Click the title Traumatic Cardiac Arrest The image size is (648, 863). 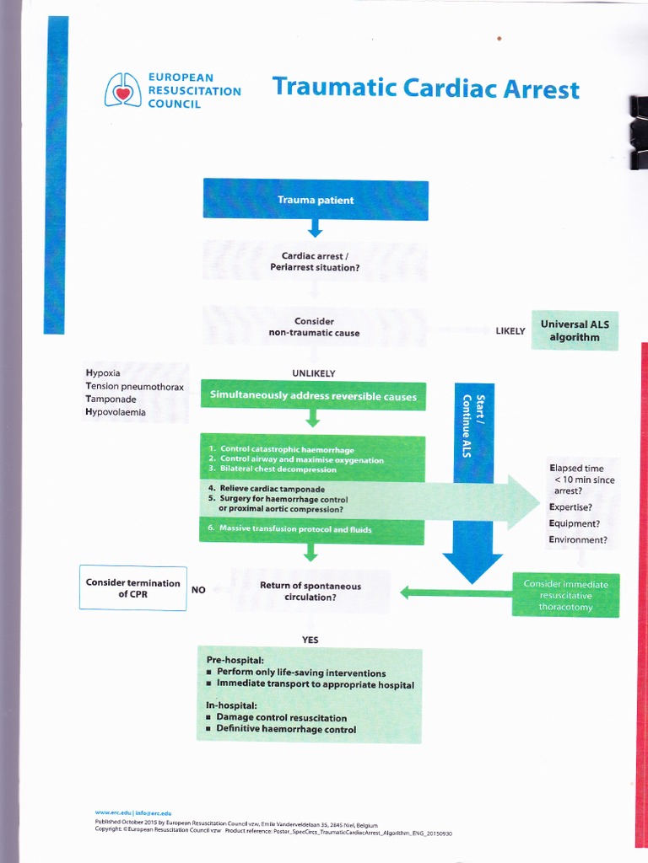(425, 88)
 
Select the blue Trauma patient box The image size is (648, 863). (315, 201)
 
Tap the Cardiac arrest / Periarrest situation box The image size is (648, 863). (315, 261)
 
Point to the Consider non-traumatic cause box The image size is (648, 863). (315, 327)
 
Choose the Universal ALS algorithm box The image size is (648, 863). (575, 330)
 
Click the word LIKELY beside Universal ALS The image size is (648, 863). (510, 331)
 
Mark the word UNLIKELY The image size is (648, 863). (313, 373)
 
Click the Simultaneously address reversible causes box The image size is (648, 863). (313, 396)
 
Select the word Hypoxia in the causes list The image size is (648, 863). (103, 373)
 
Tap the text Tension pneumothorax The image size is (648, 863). (134, 386)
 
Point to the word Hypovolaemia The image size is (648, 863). (115, 412)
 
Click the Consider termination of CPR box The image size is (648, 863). (132, 588)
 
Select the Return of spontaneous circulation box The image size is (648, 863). (310, 592)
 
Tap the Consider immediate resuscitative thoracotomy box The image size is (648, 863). (565, 595)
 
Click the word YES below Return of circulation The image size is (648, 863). (310, 640)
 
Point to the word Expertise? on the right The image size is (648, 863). (570, 507)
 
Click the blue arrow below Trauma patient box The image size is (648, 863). (315, 228)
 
